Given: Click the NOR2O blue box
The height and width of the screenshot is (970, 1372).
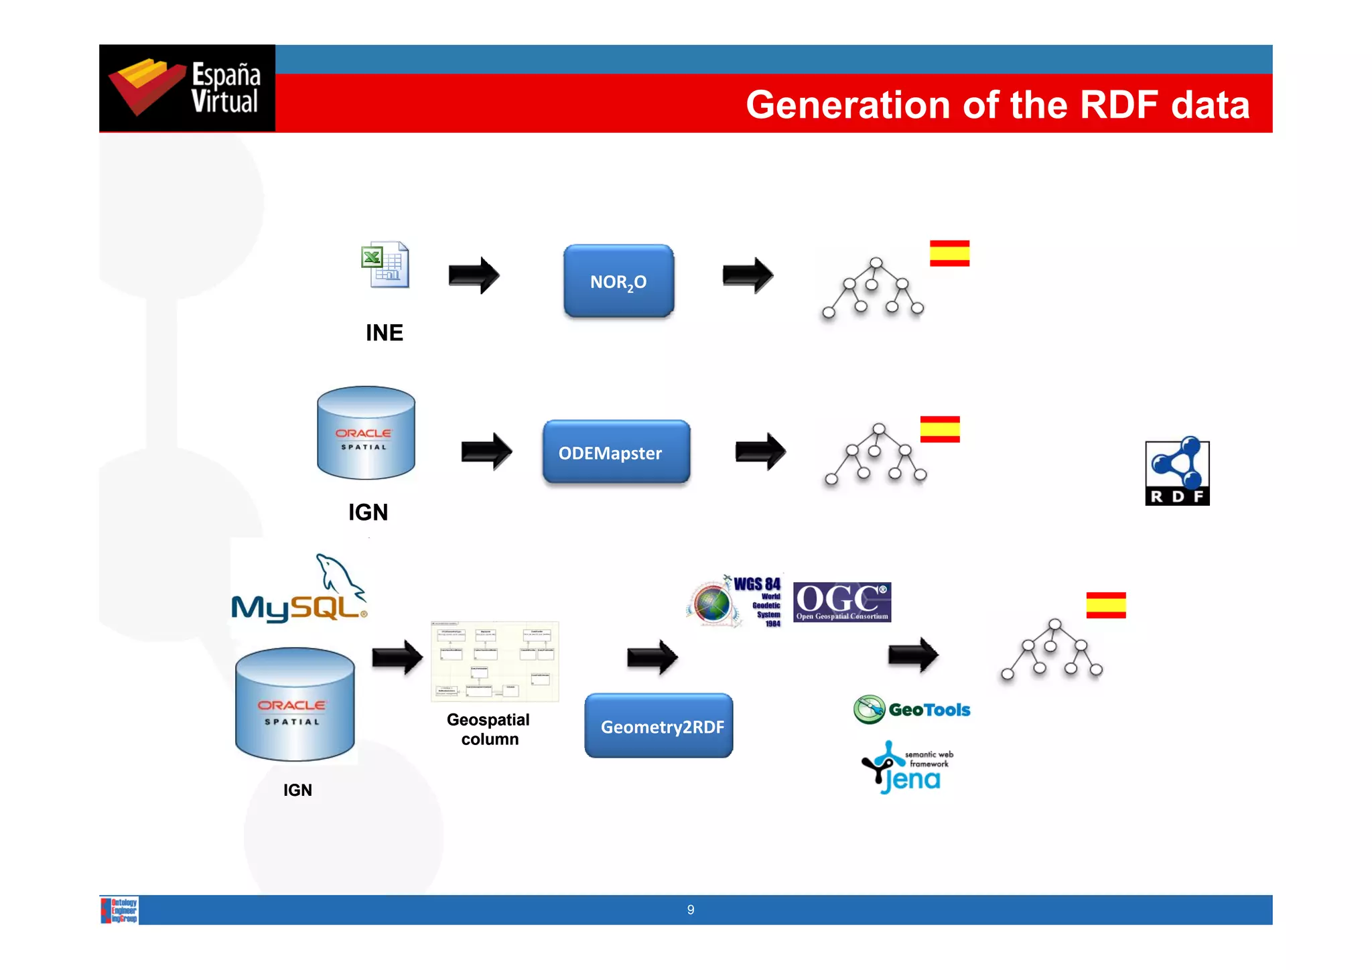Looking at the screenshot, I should [x=618, y=281].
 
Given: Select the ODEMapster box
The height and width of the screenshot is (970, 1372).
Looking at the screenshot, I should [x=616, y=452].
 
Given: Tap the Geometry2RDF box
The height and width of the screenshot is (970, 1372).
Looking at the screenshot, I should [x=659, y=726].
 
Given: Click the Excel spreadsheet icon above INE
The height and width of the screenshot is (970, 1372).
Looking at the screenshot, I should [x=385, y=265].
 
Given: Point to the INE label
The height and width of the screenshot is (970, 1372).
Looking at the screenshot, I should [x=385, y=333].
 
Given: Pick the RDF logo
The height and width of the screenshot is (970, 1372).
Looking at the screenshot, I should [x=1177, y=473].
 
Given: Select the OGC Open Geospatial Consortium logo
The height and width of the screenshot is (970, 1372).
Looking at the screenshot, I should [x=842, y=602].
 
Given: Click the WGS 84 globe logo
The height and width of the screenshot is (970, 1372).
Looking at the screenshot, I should [x=734, y=602].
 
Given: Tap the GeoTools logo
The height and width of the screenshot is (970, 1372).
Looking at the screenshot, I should [x=912, y=709].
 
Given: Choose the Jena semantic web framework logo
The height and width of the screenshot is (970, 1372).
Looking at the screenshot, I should [x=907, y=768].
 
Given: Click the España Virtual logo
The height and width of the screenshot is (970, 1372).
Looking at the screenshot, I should [x=187, y=88].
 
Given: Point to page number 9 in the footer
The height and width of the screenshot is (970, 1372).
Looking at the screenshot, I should [x=691, y=910].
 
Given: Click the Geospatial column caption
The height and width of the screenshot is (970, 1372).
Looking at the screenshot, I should [x=488, y=729].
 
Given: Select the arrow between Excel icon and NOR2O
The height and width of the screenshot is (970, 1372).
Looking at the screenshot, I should [x=474, y=275].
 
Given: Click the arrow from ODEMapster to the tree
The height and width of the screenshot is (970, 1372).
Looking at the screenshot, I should [x=760, y=452].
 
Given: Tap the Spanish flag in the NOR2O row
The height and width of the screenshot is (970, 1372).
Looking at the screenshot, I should [x=949, y=253].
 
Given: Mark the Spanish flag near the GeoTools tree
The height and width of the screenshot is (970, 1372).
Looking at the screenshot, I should [x=1106, y=605].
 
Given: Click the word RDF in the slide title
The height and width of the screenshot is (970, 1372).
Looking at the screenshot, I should [x=1119, y=105].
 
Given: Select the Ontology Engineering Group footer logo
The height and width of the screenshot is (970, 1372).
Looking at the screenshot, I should [x=120, y=910].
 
